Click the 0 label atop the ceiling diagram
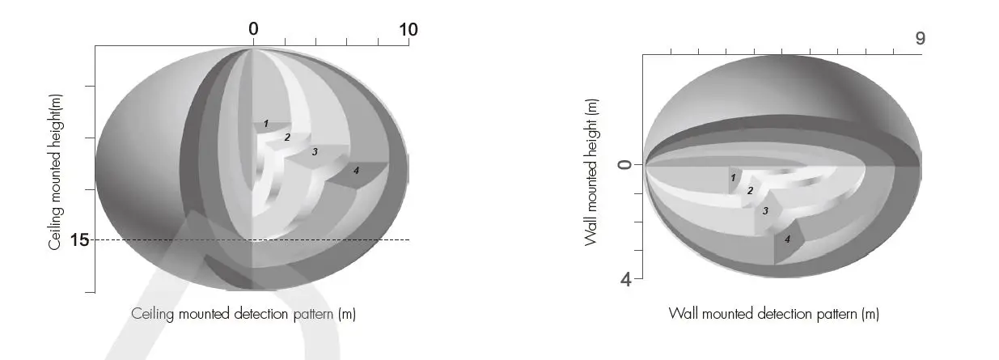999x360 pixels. click(253, 29)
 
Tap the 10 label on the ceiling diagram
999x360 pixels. click(408, 30)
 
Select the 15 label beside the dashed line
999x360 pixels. click(79, 240)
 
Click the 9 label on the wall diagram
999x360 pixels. click(920, 39)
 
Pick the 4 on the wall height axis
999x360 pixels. click(626, 280)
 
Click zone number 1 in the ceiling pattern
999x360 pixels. click(266, 124)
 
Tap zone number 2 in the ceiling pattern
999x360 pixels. click(287, 138)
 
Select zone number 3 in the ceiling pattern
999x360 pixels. click(315, 152)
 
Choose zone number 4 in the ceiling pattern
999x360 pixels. click(356, 171)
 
